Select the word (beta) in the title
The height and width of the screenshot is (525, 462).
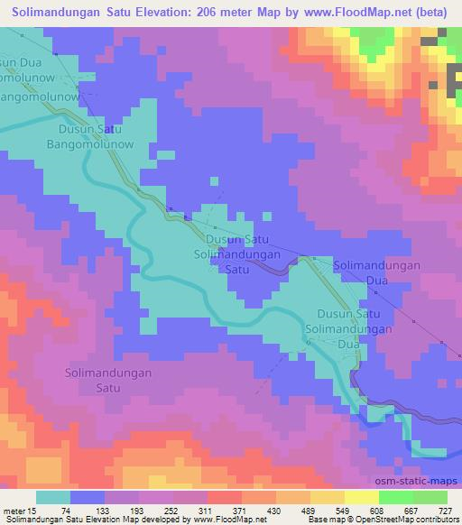point(432,13)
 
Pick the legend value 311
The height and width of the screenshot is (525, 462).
point(228,511)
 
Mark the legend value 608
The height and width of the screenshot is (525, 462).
point(388,511)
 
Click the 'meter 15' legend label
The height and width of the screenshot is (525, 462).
point(20,511)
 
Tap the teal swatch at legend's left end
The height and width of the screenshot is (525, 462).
point(52,497)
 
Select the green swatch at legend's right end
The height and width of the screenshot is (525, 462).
point(431,497)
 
